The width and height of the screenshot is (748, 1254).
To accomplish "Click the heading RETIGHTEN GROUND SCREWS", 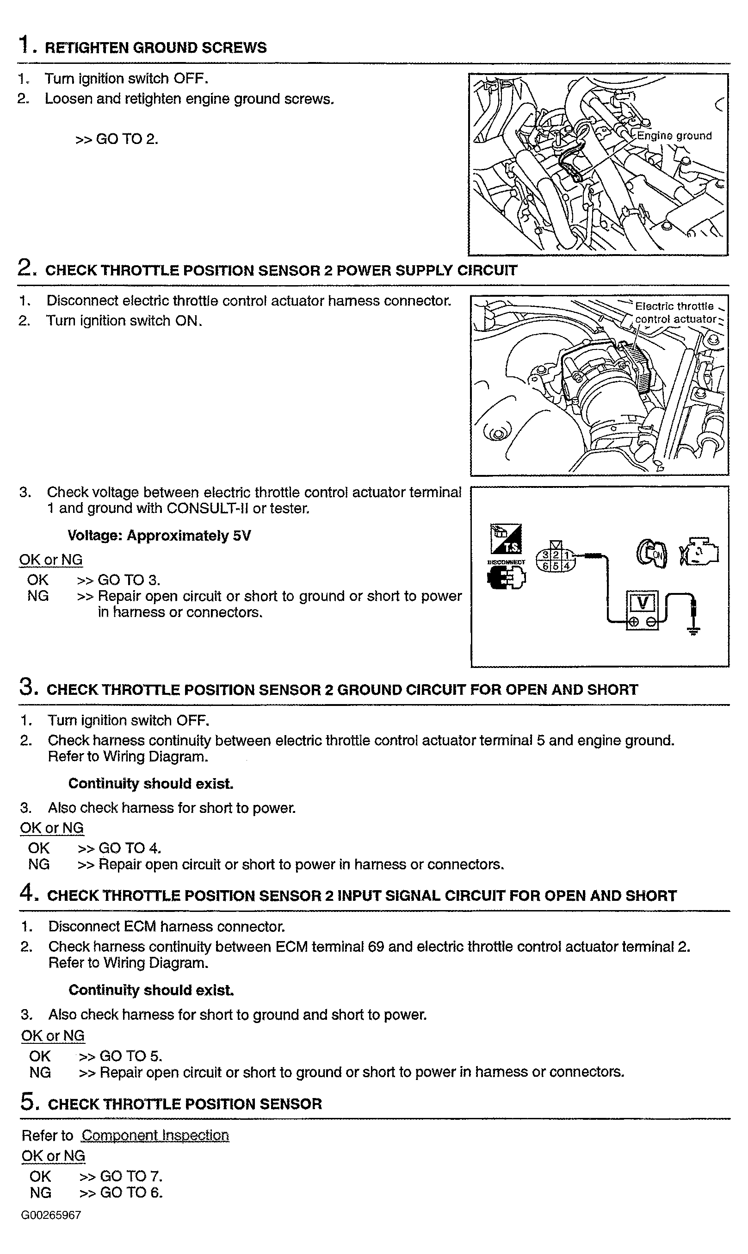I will [156, 48].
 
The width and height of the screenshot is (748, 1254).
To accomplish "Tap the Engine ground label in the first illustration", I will [674, 136].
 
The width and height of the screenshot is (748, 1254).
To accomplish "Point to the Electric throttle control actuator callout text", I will [675, 312].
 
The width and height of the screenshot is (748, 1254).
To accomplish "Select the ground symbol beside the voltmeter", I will [694, 629].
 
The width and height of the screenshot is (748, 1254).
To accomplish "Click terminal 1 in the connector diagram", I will [567, 555].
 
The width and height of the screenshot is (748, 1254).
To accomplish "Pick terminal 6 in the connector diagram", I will [545, 566].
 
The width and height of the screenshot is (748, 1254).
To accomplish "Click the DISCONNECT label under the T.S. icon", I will [506, 561].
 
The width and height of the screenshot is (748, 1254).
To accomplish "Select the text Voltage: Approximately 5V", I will [159, 536].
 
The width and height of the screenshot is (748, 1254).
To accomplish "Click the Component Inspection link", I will [155, 1135].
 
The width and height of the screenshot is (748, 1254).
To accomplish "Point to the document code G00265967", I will [51, 1215].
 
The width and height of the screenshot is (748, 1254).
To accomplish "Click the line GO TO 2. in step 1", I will [117, 139].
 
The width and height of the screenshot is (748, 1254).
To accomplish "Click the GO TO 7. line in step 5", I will [121, 1176].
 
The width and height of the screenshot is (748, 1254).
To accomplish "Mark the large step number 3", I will [28, 687].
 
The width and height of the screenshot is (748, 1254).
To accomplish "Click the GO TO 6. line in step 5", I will [121, 1192].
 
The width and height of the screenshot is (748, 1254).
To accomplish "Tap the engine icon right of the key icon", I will [699, 553].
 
